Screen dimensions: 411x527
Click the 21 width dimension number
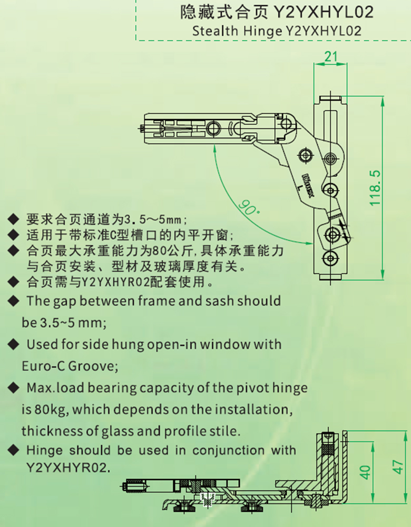pos(330,56)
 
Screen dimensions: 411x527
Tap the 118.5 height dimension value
pos(375,188)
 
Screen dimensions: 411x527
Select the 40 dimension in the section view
pos(365,472)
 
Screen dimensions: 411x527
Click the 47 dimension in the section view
pos(398,467)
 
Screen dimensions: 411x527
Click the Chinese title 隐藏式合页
pos(223,12)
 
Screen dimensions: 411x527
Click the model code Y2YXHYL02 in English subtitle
pos(324,31)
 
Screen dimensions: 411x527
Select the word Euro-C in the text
pos(43,366)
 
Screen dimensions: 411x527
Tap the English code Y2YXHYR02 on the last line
pos(68,468)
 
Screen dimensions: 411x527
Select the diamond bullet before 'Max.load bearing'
pos(14,388)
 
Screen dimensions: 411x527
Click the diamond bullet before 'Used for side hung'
pos(14,344)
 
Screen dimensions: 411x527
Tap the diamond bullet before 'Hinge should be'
pos(14,450)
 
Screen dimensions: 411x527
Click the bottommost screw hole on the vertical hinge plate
pos(330,258)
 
